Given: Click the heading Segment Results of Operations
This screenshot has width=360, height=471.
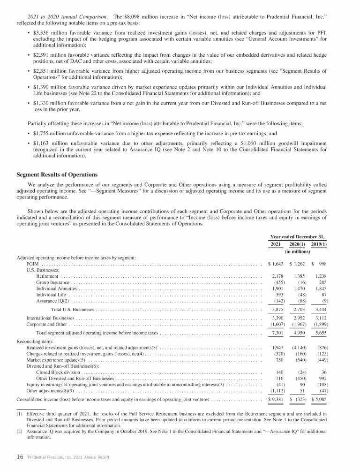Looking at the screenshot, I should tap(57, 175).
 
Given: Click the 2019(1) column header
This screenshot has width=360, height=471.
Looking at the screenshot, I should tap(319, 244).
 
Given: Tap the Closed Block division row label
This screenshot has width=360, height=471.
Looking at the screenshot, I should tap(58, 372).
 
